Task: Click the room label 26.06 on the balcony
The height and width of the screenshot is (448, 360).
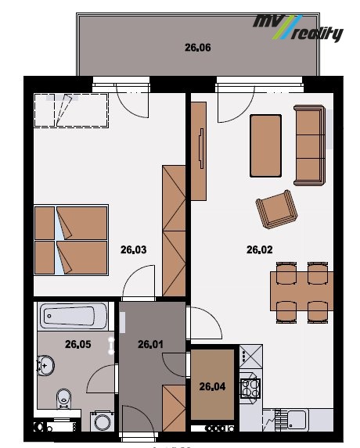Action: pos(197,48)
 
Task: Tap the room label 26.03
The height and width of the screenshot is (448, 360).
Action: pos(134,249)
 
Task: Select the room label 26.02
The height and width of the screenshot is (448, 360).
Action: pos(260,249)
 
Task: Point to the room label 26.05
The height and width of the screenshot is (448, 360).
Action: pos(78,344)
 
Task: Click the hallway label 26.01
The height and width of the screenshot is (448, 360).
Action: pos(151,344)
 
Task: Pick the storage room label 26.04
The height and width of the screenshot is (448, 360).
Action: pos(212,386)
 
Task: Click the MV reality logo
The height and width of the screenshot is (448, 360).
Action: pos(298,27)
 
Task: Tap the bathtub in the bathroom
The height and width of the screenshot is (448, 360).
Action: pos(74,317)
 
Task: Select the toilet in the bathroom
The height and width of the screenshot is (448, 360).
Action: pos(63,399)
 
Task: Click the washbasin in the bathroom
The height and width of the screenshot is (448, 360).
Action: pos(46,365)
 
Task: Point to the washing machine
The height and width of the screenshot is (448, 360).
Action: pos(102,421)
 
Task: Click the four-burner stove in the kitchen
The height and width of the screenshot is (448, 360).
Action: pos(250,388)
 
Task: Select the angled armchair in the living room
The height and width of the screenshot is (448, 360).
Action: pos(276,210)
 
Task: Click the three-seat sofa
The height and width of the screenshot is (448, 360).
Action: pos(310,145)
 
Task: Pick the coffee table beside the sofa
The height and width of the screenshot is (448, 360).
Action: pos(265,145)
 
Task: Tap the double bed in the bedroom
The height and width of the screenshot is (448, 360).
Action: pos(71,240)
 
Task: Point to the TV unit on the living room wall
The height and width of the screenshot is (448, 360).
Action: pos(199,152)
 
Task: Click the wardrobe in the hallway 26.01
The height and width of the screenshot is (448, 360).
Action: pos(174,408)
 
